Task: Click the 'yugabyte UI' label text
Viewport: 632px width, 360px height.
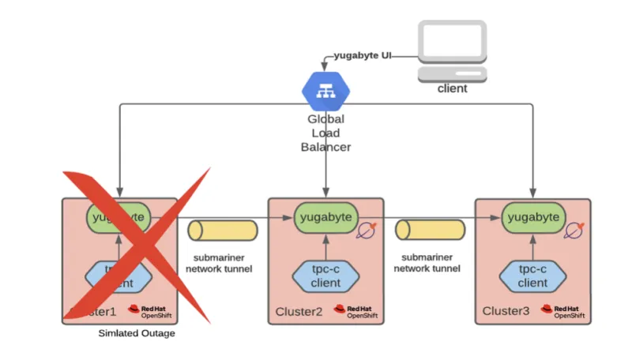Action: coord(363,56)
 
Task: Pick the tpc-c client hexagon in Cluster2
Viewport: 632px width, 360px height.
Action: coord(325,276)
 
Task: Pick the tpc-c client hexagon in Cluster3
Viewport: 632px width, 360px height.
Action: coord(532,276)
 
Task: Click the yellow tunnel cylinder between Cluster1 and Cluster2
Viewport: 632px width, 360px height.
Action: coord(223,230)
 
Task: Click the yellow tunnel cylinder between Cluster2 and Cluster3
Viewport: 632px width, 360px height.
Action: coord(430,230)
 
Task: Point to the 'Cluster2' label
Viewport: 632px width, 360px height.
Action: coord(299,312)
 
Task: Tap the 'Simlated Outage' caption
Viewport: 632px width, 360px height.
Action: coord(137,333)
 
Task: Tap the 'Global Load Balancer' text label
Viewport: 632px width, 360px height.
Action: coord(325,133)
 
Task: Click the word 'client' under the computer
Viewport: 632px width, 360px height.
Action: coord(452,88)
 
